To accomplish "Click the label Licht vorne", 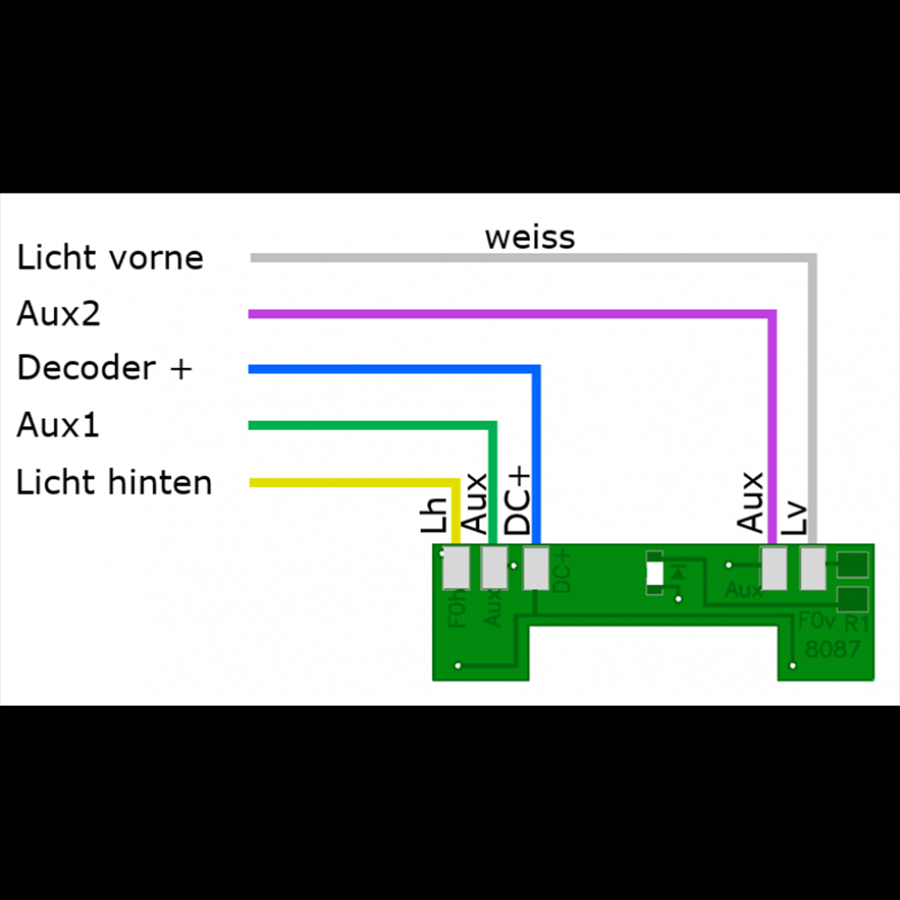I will coord(110,258).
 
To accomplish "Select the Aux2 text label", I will coord(59,314).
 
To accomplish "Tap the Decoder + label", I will coord(104,368).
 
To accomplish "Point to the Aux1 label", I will coord(58,425).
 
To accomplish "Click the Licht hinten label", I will coord(114,482).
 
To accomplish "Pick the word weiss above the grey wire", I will coord(529,237).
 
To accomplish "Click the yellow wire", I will coord(353,483).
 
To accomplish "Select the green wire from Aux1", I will coord(370,425).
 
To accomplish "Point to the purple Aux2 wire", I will coord(504,314).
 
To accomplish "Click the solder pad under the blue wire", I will coord(536,568).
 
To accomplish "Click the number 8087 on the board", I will coord(832,650).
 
